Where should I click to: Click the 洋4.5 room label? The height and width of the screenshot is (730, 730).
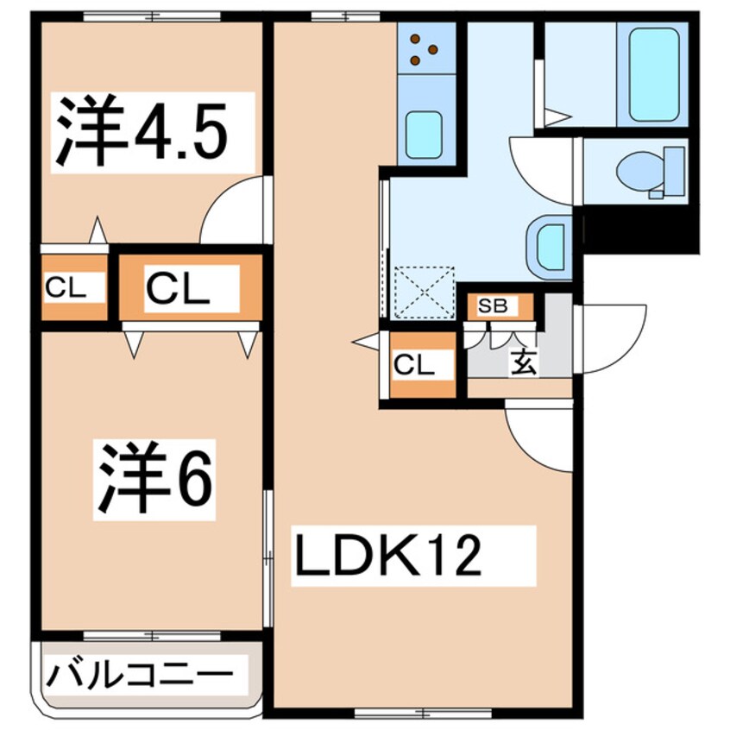click(x=142, y=132)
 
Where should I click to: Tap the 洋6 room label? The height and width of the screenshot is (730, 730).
click(x=154, y=480)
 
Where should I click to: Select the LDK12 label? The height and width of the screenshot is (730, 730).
click(x=387, y=557)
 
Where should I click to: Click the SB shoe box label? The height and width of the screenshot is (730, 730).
click(x=494, y=305)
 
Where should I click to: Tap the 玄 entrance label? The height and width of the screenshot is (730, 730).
click(x=523, y=362)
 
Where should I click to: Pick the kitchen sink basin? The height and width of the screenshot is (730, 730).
click(x=424, y=134)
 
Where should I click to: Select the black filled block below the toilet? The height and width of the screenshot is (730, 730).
click(x=639, y=230)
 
